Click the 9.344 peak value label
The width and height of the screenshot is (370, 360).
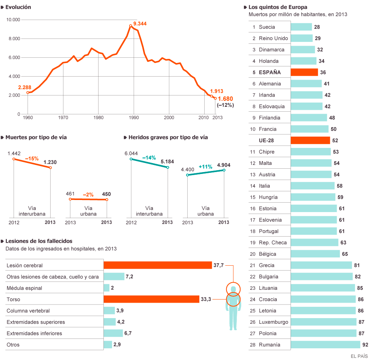140,23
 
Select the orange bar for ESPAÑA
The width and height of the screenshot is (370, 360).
304,72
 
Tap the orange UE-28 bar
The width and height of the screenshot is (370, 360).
310,140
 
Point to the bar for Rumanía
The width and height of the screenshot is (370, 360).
325,345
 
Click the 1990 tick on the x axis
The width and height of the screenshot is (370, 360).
134,118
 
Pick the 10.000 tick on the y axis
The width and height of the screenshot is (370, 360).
14,20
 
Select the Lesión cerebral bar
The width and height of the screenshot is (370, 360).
157,265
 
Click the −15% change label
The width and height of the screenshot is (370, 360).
32,159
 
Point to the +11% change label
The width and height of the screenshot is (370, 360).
205,166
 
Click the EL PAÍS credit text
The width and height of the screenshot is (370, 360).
359,356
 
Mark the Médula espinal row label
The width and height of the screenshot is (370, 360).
24,288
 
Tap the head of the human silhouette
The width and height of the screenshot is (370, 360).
233,289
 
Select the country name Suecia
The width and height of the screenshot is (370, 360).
267,27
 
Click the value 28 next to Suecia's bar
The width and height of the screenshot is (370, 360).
317,27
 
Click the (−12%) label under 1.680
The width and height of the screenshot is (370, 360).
225,105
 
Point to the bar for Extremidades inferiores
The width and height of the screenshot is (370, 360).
113,333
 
